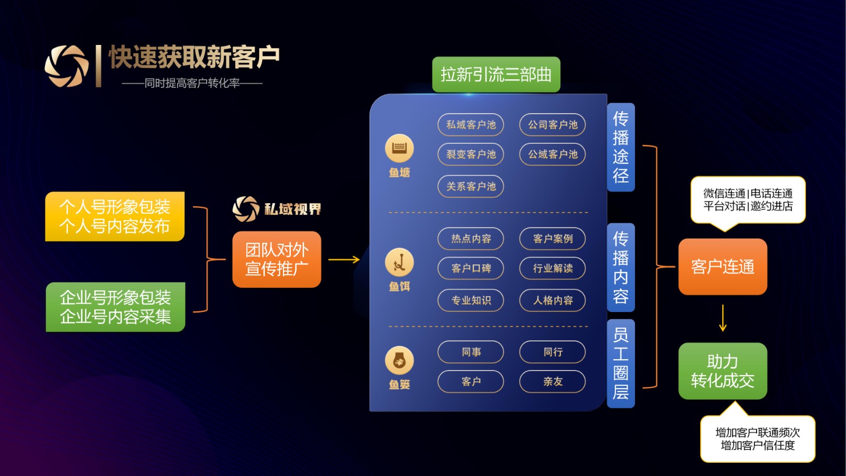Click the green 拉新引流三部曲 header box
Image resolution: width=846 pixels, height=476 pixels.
tap(496, 75)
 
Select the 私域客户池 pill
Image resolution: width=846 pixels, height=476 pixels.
tap(471, 125)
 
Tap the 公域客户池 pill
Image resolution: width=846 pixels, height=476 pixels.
tap(553, 154)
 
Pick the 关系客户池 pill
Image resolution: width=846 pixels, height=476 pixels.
tap(471, 187)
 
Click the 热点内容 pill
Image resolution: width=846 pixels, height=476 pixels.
tap(471, 239)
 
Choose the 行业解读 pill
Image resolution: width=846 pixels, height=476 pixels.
tap(553, 268)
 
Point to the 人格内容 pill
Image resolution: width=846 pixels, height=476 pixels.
tap(553, 300)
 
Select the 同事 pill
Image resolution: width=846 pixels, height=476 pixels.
tap(471, 352)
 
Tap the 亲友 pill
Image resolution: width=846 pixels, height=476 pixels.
tap(553, 382)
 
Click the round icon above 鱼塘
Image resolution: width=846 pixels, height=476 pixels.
tap(399, 148)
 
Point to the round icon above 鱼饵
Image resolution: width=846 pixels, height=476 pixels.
tap(399, 262)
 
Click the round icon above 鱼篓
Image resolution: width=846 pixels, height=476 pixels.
tap(399, 361)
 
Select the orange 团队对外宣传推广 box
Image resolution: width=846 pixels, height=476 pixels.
tap(277, 260)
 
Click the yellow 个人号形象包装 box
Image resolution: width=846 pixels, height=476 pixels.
tap(115, 216)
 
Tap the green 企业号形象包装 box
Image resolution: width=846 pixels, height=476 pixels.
tap(115, 307)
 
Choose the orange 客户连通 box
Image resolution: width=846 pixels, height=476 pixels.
tap(722, 267)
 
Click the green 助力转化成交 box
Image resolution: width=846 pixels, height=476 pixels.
tap(722, 371)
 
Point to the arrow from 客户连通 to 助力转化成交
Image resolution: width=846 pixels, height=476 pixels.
tap(723, 318)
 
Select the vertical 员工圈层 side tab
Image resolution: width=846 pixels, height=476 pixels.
tap(621, 364)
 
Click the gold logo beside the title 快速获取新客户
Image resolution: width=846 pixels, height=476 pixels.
tap(67, 66)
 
